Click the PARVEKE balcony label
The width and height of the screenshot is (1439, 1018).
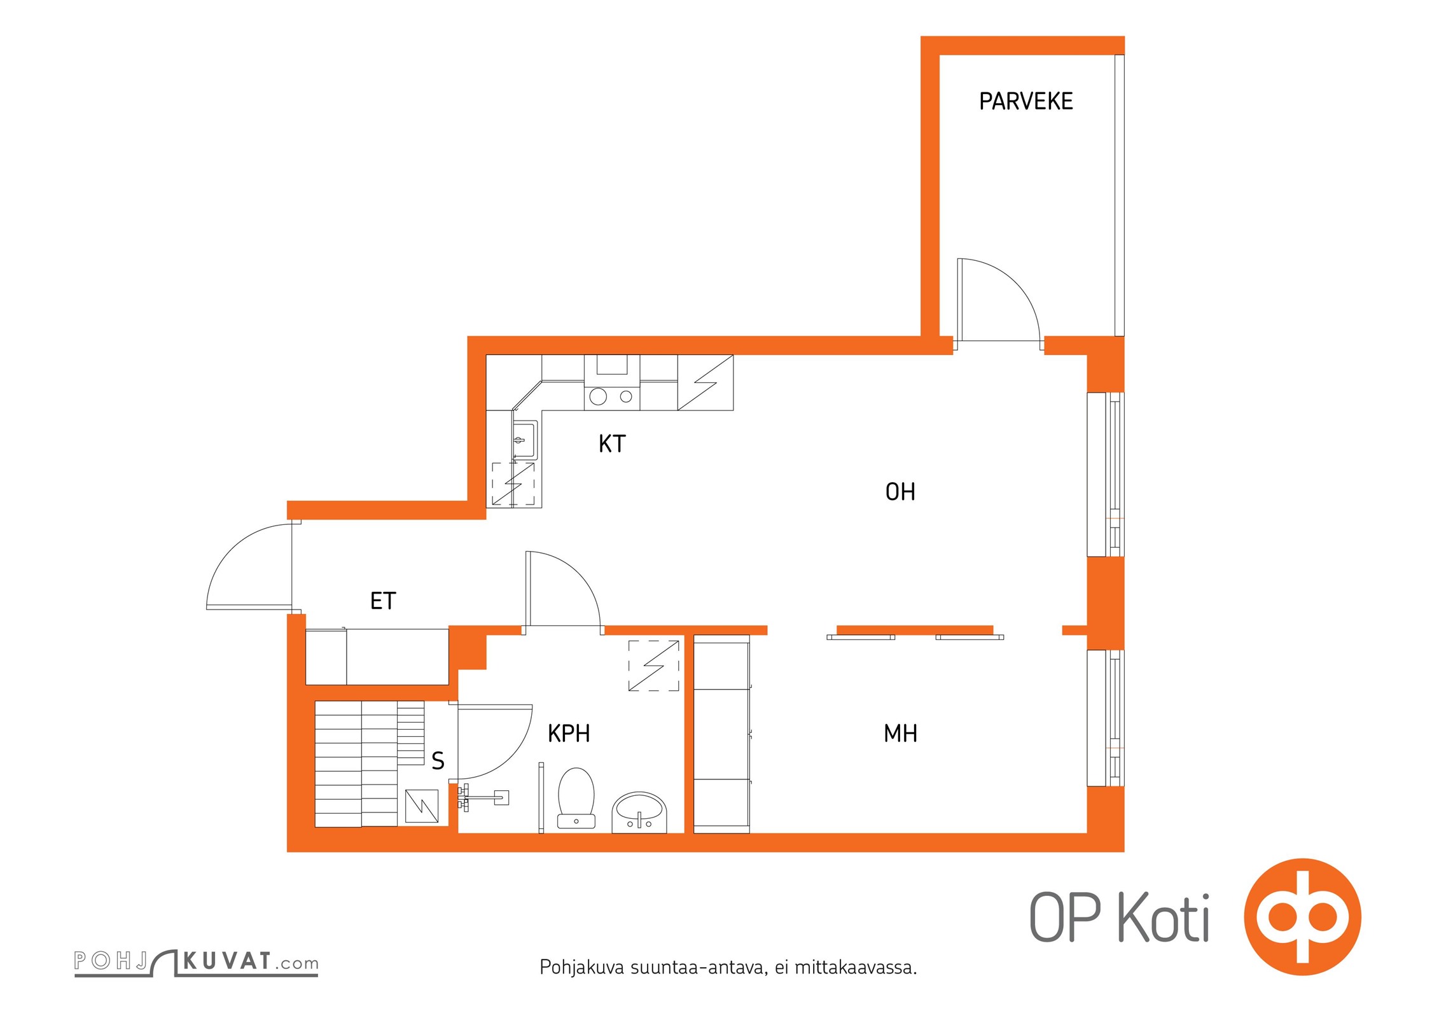1025,102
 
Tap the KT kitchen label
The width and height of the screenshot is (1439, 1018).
612,443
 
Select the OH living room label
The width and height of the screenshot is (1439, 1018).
900,492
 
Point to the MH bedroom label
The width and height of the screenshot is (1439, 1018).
900,734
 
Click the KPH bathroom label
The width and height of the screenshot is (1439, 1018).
569,734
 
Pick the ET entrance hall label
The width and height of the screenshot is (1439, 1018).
383,601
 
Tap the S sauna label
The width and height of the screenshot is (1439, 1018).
438,761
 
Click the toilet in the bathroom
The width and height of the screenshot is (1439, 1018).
576,797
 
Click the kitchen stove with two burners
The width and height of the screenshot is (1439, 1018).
611,396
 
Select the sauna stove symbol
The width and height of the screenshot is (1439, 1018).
422,805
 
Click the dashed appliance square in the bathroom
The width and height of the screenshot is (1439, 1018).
653,666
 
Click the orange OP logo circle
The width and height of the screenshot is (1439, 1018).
1302,917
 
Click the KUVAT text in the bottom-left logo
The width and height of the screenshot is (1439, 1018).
227,961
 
